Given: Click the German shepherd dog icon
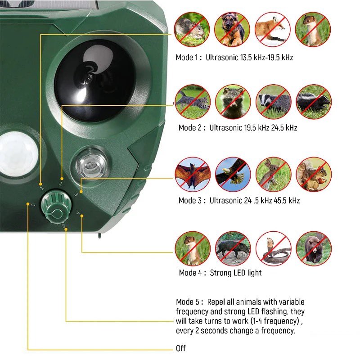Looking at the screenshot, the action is [x=232, y=29].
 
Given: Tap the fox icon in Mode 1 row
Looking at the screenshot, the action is [x=273, y=29].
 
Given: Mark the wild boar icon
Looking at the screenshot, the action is [x=233, y=248].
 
